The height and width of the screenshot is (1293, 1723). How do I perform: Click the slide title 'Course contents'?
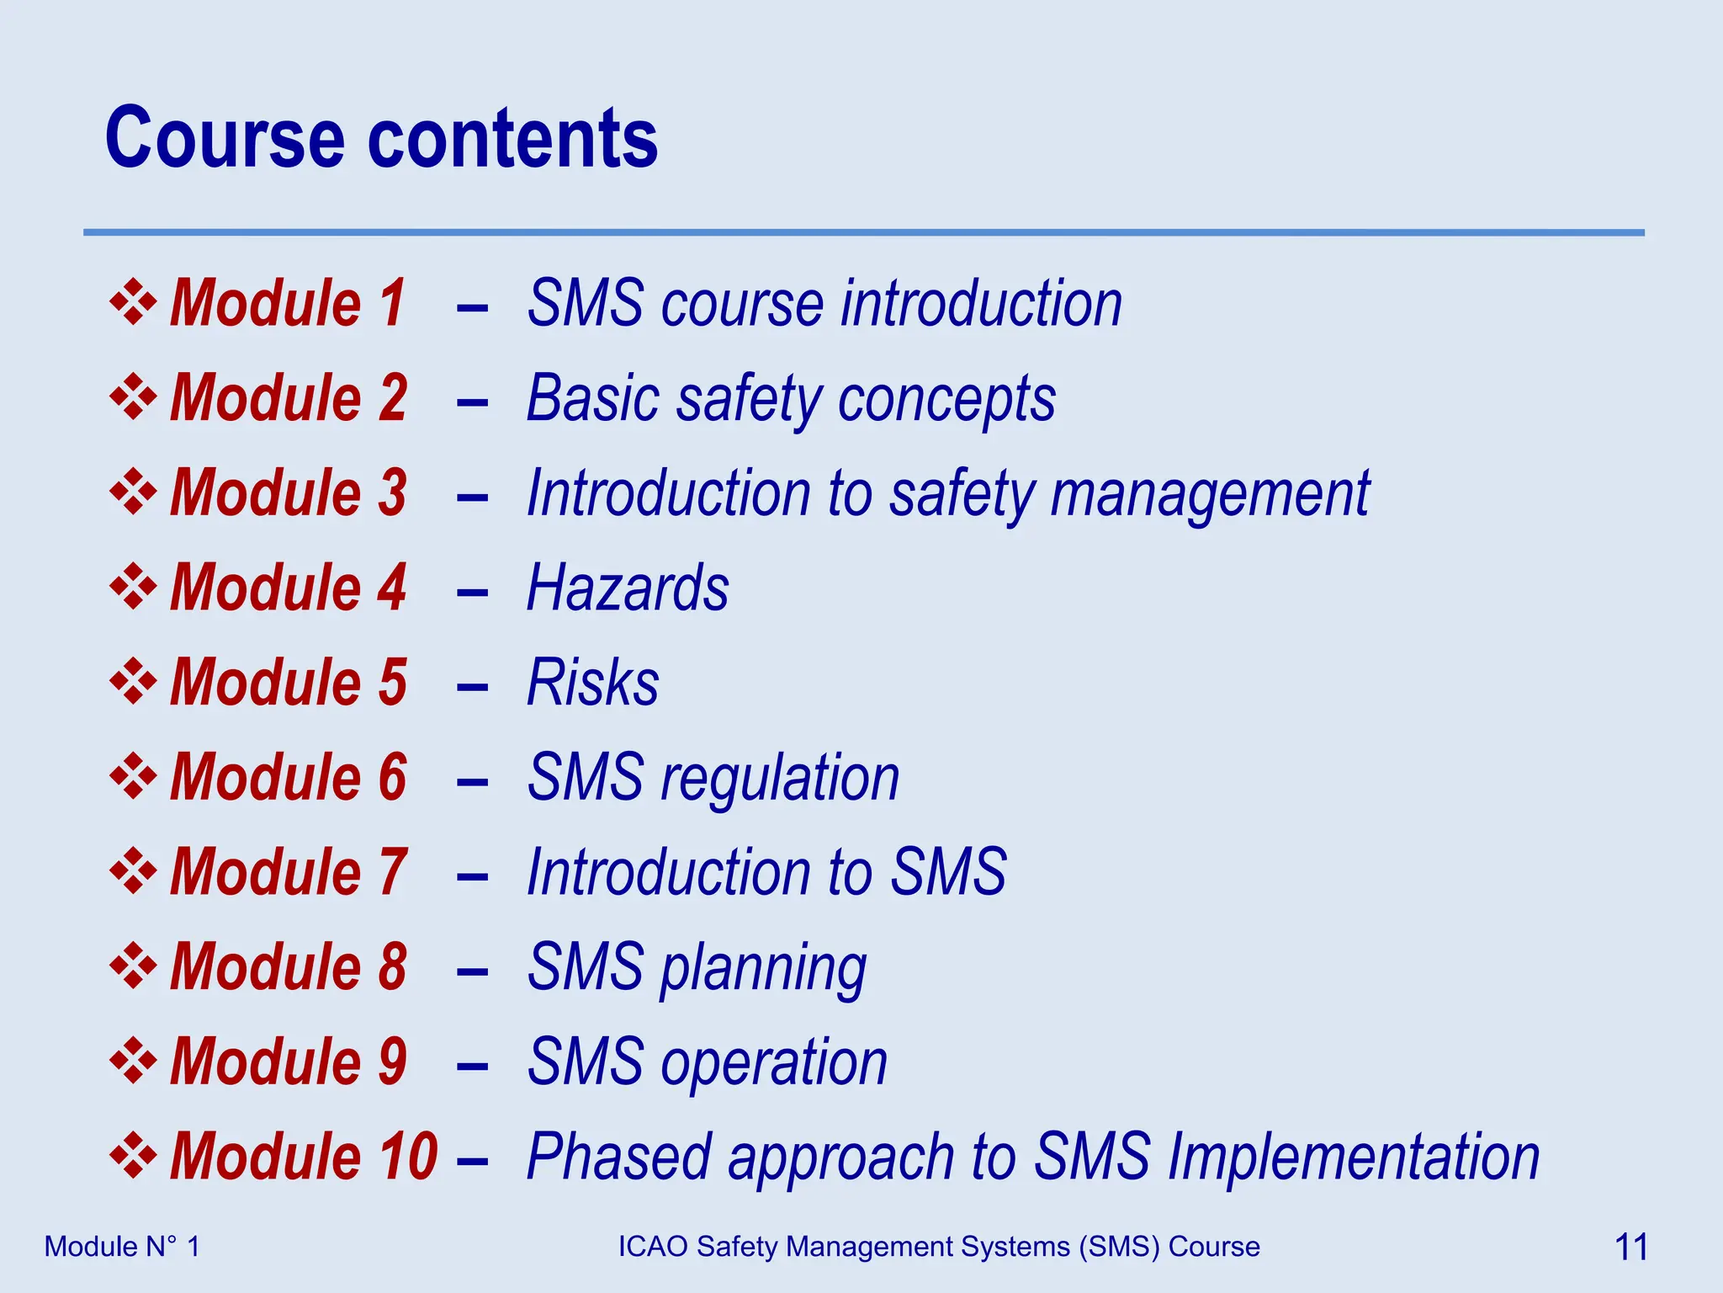point(381,138)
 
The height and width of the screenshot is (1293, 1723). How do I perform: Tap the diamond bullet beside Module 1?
point(133,301)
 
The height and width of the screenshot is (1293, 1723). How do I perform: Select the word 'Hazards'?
point(628,588)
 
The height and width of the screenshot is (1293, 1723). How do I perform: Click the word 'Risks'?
point(592,682)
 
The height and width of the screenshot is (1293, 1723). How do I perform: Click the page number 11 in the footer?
point(1630,1247)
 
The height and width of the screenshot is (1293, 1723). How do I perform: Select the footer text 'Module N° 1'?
point(122,1247)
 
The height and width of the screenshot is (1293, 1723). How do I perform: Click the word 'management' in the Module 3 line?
point(1210,494)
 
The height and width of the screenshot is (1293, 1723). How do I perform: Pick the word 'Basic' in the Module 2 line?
point(592,398)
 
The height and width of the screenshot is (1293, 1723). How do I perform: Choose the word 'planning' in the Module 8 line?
point(763,970)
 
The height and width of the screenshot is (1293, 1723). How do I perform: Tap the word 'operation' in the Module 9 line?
point(774,1062)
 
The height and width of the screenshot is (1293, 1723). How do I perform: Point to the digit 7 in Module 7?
point(393,871)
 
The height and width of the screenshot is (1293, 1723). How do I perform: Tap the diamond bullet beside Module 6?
point(133,775)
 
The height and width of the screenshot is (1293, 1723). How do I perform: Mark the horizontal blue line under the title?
point(863,232)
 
